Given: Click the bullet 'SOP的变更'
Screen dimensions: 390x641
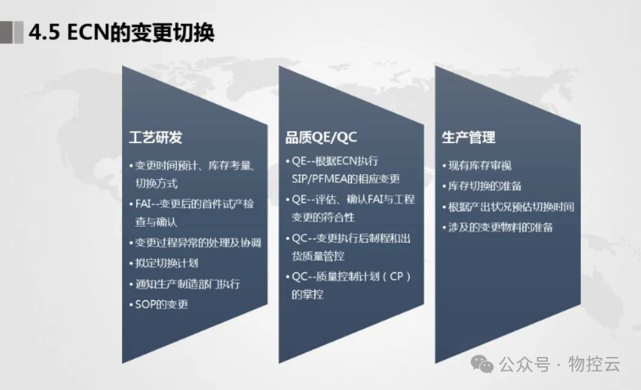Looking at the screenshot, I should pyautogui.click(x=160, y=304).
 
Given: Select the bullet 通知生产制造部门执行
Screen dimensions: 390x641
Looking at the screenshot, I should pyautogui.click(x=188, y=283).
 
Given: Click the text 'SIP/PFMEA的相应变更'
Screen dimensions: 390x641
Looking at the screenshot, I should pyautogui.click(x=345, y=179).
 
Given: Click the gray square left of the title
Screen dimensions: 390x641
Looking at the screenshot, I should pyautogui.click(x=11, y=32).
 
